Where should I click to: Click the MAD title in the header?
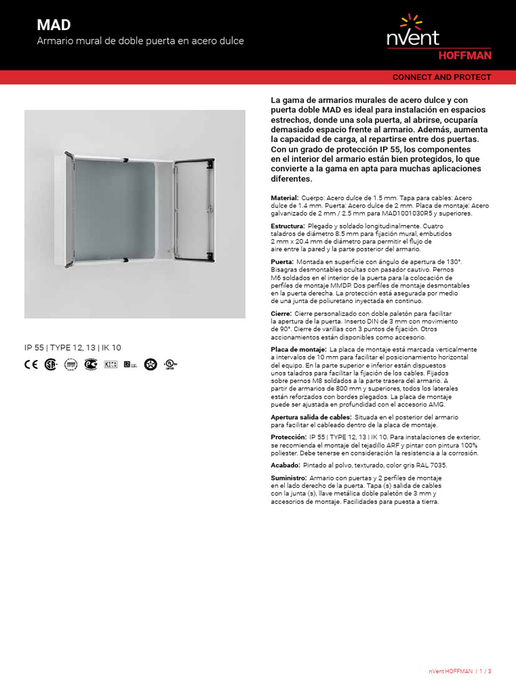click(x=53, y=25)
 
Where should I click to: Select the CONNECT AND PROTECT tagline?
click(x=441, y=77)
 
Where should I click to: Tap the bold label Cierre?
click(x=281, y=314)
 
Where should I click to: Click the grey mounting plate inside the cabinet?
click(x=115, y=205)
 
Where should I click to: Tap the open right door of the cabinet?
click(x=193, y=208)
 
